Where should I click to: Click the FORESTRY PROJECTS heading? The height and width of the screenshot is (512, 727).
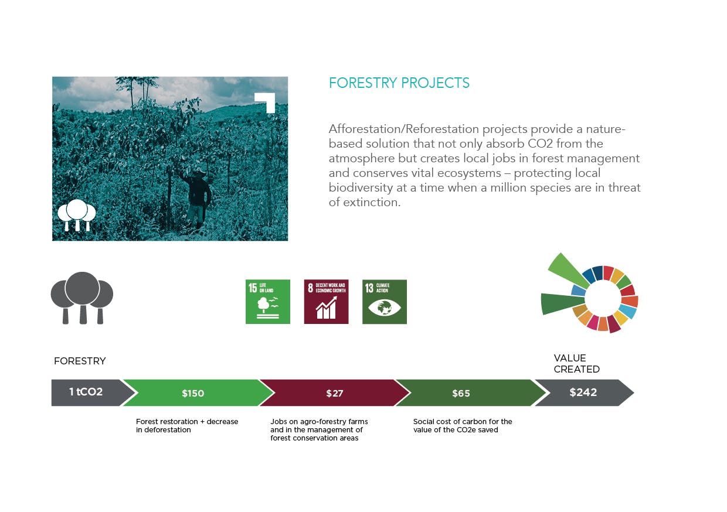(x=399, y=83)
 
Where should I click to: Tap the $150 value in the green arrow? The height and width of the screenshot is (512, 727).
(x=193, y=393)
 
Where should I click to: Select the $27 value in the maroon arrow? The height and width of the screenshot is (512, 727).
(x=335, y=393)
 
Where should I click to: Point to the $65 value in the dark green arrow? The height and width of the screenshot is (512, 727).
(x=461, y=393)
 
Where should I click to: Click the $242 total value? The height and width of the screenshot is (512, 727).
(x=583, y=392)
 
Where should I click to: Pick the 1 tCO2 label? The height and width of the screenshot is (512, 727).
(x=86, y=392)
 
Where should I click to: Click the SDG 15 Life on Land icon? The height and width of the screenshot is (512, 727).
(x=268, y=302)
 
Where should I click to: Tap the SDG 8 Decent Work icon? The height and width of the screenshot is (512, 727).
(x=326, y=302)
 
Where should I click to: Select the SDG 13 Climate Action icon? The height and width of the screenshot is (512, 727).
(x=384, y=302)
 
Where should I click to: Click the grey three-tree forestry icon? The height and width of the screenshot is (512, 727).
(x=82, y=298)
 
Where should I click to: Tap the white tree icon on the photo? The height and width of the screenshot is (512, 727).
(x=77, y=214)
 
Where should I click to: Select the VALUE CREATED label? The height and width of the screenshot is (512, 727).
(x=576, y=363)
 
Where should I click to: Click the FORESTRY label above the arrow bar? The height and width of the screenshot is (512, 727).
(x=80, y=361)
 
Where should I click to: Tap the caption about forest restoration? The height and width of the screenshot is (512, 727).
(x=187, y=425)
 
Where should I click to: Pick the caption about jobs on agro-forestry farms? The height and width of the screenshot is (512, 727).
(x=319, y=429)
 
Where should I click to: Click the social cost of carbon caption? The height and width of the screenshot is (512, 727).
(x=463, y=425)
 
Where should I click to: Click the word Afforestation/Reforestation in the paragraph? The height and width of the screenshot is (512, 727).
(x=404, y=129)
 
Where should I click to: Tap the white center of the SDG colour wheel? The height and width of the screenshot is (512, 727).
(x=603, y=298)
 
